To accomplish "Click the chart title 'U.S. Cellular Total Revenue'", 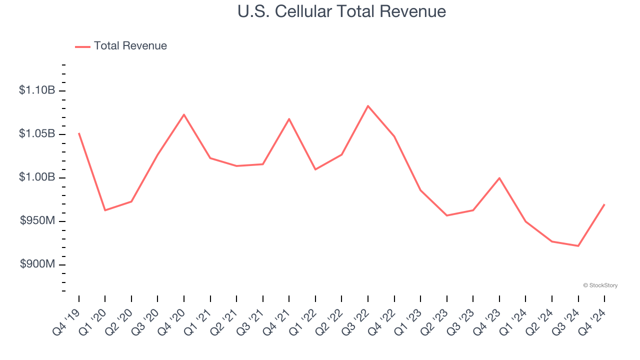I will pos(342,11).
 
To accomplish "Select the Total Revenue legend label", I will pos(130,46).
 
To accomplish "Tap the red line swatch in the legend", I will pos(82,46).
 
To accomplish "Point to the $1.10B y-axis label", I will pos(37,90).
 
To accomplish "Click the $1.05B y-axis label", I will pos(37,134).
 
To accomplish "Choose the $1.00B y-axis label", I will pos(37,177).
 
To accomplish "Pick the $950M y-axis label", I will pos(37,221).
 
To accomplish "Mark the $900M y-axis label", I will pos(37,264).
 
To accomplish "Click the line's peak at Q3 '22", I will pos(368,106).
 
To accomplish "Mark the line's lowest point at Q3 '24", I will pos(578,246).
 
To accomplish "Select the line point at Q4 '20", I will pos(184,114).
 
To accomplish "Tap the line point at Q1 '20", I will pos(105,210).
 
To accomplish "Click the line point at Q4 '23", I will pos(499,178).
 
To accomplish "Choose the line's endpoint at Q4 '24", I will pos(604,204).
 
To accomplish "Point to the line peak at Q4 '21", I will pos(289,119).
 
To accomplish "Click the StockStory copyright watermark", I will pos(600,285).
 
